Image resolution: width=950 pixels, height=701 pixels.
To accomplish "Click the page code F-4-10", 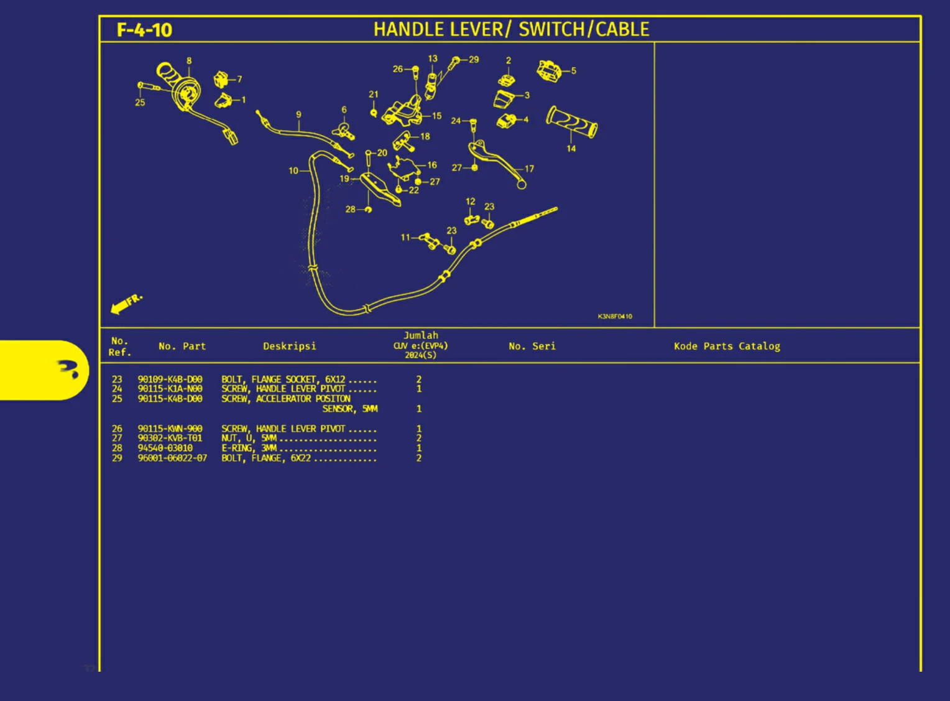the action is click(144, 30).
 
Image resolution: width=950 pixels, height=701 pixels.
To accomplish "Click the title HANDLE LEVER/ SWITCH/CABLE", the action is click(511, 29).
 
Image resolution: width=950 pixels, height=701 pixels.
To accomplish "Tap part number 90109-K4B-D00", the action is click(170, 379).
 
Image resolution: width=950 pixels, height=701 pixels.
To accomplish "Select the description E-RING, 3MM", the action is click(249, 448).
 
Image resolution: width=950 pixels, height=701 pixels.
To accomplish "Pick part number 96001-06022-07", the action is click(172, 458).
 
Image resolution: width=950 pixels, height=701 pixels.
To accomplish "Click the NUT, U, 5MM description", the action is click(249, 438).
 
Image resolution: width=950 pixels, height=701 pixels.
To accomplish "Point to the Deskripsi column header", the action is click(290, 346).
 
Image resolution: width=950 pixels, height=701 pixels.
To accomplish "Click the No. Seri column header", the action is click(532, 346).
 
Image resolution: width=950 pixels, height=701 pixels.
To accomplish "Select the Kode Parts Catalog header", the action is click(727, 346).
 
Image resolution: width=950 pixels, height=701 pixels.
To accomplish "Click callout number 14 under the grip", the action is click(571, 149).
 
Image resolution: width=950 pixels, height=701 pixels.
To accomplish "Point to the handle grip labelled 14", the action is click(572, 122).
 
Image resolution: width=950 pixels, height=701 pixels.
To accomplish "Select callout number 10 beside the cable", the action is click(293, 170).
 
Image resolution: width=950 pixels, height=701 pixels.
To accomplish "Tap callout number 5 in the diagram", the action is click(573, 71).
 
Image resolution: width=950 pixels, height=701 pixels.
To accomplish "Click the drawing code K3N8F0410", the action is click(615, 316).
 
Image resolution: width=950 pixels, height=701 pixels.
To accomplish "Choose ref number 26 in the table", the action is click(117, 429).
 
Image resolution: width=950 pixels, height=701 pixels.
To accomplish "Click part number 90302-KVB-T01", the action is click(170, 438).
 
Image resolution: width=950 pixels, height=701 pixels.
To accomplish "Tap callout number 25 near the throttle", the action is click(140, 102).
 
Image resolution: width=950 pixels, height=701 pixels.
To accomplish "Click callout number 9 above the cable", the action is click(298, 114).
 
